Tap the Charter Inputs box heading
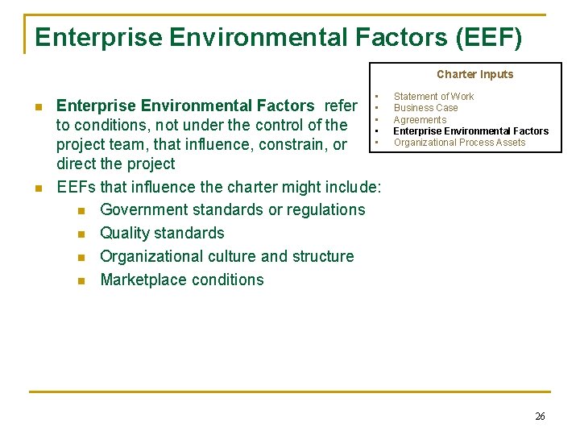(474, 74)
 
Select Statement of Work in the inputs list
(433, 97)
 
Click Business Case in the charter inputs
(425, 108)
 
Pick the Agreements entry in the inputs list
(420, 120)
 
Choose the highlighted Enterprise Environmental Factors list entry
(470, 131)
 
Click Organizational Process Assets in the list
(459, 143)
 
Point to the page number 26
(540, 416)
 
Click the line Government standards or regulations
(232, 210)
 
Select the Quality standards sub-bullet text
(162, 234)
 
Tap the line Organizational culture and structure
(226, 257)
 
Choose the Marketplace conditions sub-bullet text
(181, 280)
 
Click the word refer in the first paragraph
(341, 106)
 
